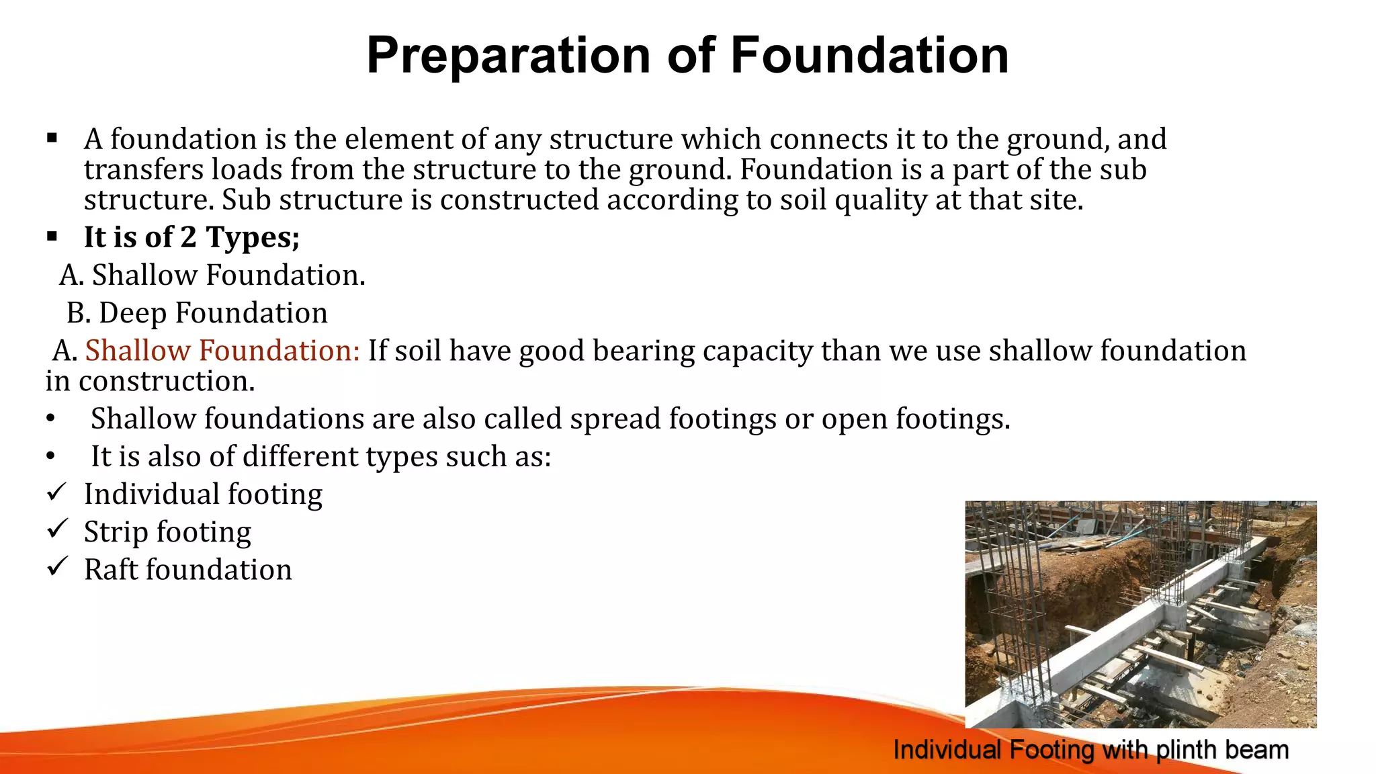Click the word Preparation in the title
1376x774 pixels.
[x=509, y=56]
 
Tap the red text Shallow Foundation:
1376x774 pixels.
[x=222, y=351]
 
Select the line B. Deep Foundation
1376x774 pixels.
[x=196, y=313]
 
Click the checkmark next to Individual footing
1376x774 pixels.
[x=56, y=492]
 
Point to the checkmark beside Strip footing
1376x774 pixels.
[x=56, y=530]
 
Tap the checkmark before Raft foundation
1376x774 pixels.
[x=56, y=568]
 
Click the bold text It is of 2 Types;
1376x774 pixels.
[x=191, y=237]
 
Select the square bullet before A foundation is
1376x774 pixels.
[x=52, y=138]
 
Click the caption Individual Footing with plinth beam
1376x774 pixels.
[x=1090, y=750]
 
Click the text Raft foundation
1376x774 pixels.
[x=187, y=570]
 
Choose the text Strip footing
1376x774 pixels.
[x=167, y=532]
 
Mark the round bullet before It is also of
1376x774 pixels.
[x=51, y=457]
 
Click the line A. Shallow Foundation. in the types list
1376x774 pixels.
[x=212, y=275]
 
